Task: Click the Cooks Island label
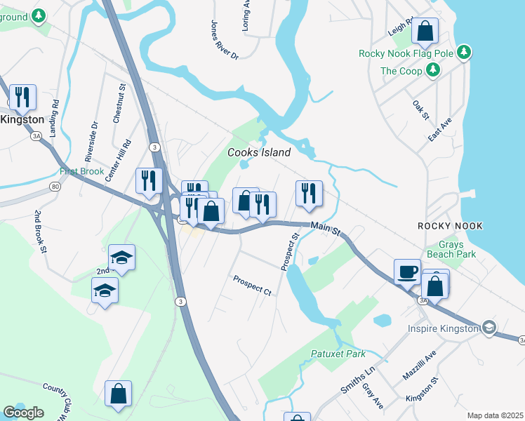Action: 258,152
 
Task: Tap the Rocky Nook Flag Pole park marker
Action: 463,52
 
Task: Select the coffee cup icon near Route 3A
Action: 407,271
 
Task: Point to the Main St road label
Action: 326,229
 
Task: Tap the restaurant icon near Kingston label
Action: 22,97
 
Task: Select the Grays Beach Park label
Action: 452,249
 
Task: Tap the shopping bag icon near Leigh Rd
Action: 425,31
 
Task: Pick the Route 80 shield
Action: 55,187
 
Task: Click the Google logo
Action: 23,413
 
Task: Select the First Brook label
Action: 81,171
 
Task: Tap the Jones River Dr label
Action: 225,39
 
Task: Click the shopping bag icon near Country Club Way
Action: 118,393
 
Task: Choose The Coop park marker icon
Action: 434,70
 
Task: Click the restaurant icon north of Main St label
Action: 309,192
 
